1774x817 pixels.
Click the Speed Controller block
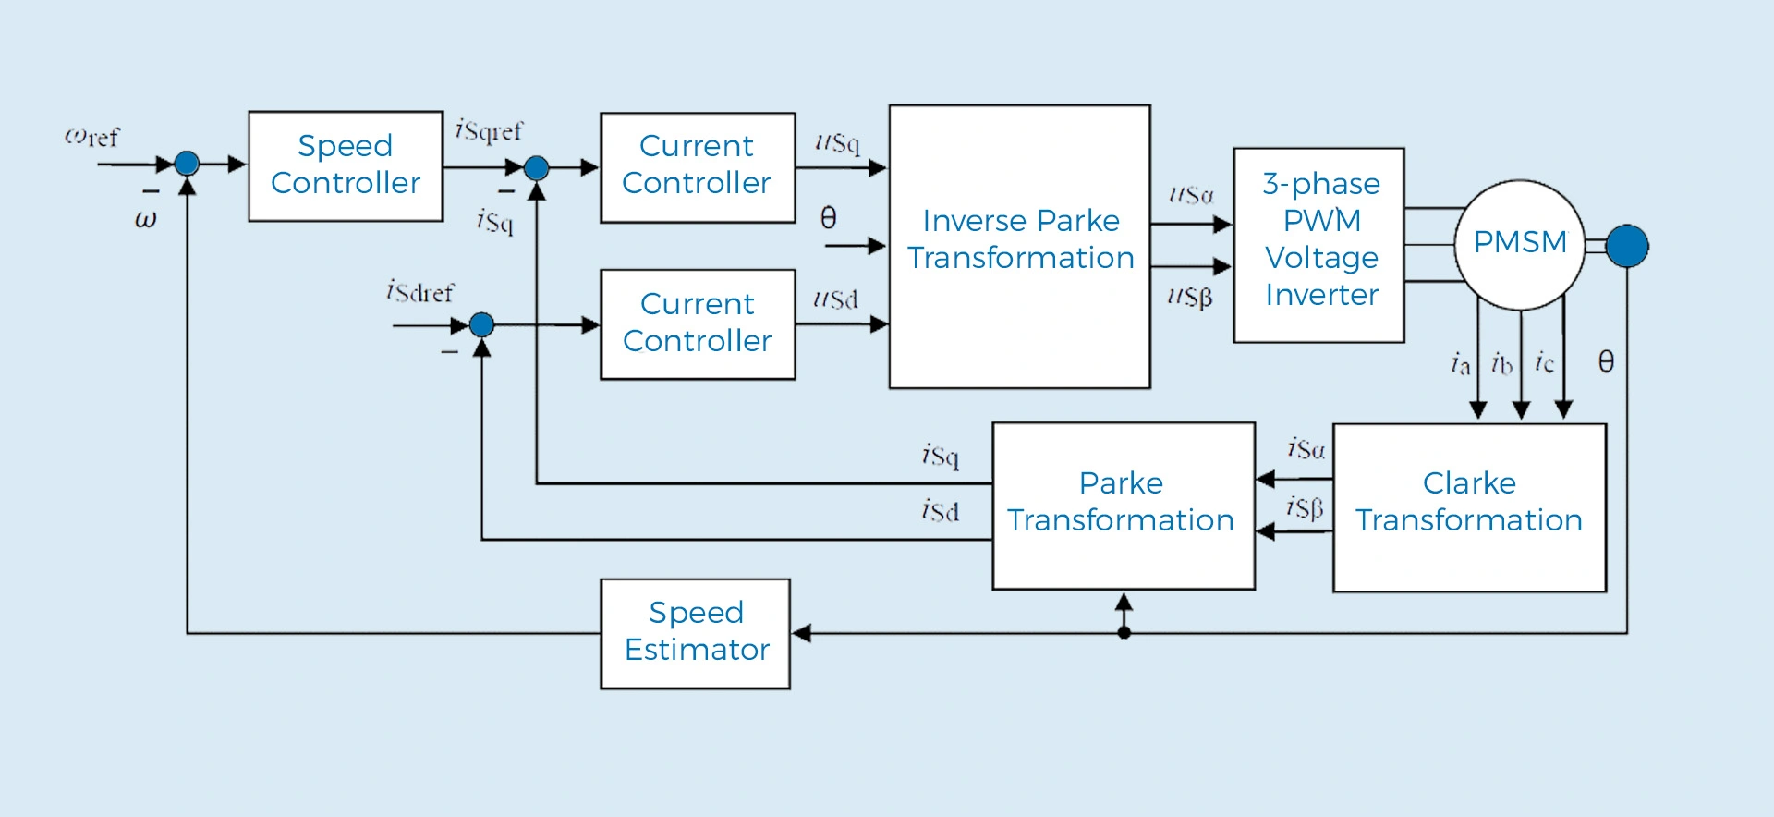346,165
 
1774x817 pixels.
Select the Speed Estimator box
696,633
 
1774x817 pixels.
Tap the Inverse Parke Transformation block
1019,246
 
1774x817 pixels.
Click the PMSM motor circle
1519,244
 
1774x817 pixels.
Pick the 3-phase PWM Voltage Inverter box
1319,245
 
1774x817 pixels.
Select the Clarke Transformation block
1469,506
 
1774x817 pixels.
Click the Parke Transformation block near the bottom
1123,506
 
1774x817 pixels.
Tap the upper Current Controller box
698,167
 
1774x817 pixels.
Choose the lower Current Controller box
698,323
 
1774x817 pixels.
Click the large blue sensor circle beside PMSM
1627,246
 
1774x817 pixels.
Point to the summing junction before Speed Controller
188,164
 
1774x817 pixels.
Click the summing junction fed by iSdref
482,324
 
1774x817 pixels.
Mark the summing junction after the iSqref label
537,167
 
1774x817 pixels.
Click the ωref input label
91,137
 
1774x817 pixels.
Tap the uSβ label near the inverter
1189,297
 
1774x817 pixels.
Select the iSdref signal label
420,292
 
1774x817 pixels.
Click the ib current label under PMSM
1501,364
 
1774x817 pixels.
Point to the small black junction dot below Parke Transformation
1124,633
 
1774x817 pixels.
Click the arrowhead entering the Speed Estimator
802,633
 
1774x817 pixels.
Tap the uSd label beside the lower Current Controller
835,299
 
